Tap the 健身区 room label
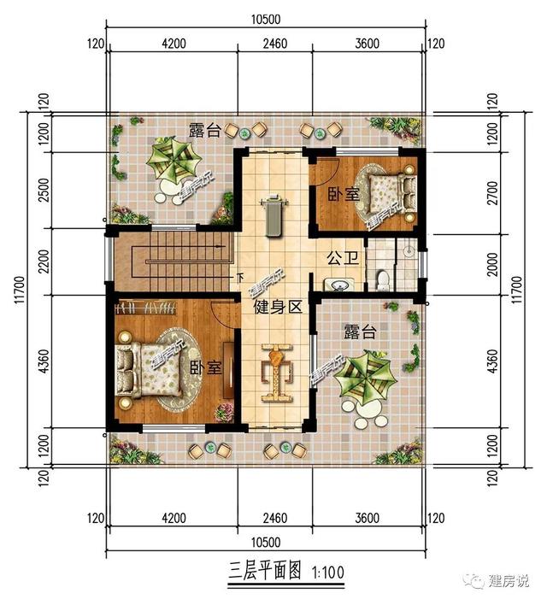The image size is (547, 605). (x=278, y=308)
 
